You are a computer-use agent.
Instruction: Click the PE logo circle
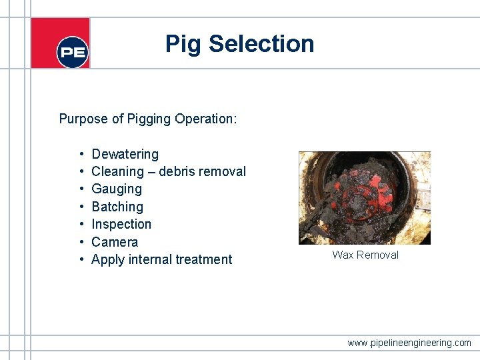tap(72, 51)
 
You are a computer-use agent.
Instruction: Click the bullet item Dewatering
tap(125, 154)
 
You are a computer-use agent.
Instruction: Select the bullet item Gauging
tap(117, 189)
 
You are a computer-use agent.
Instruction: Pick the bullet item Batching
tap(117, 207)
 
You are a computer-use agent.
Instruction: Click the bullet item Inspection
tap(121, 224)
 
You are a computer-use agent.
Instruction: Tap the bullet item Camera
tap(115, 242)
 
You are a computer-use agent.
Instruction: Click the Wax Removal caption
tap(365, 255)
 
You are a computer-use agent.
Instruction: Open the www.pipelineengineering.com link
tap(409, 343)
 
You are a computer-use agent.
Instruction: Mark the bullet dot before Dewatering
tap(80, 154)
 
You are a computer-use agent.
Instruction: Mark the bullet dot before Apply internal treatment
tap(80, 259)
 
